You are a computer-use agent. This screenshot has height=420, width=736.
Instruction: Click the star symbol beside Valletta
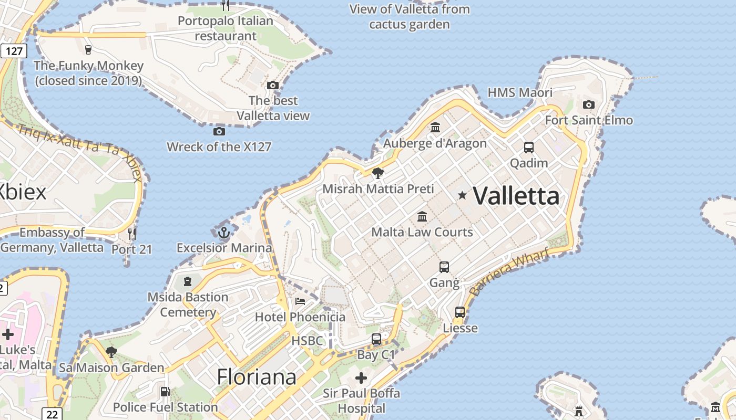pos(462,195)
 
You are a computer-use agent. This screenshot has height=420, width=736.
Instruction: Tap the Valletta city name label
pos(516,196)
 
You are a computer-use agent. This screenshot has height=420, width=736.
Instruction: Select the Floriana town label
pos(257,377)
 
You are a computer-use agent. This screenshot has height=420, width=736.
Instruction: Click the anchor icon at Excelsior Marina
pos(224,232)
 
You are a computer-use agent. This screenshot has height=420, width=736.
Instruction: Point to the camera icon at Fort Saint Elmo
pos(589,104)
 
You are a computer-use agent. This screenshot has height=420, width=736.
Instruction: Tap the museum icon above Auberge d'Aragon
pos(435,127)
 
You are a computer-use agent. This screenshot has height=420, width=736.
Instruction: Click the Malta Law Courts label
pos(422,232)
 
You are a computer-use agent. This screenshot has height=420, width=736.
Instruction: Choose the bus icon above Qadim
pos(529,147)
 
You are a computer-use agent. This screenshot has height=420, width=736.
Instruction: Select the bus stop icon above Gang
pos(444,267)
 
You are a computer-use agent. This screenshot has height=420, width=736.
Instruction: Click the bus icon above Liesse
pos(460,312)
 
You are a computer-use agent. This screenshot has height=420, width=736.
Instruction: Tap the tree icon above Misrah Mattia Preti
pos(377,173)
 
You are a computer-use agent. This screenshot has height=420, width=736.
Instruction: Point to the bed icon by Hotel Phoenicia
pos(300,301)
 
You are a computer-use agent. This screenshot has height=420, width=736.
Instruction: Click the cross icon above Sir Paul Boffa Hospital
pos(361,377)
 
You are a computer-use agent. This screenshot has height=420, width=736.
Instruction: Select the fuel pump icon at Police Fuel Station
pos(165,391)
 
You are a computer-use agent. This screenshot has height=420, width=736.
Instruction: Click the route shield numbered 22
pos(52,414)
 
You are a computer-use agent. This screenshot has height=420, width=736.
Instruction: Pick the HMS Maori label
pos(520,93)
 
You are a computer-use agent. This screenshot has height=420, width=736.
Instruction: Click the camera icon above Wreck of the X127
pos(219,131)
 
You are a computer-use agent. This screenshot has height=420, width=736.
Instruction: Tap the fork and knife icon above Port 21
pos(131,233)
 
